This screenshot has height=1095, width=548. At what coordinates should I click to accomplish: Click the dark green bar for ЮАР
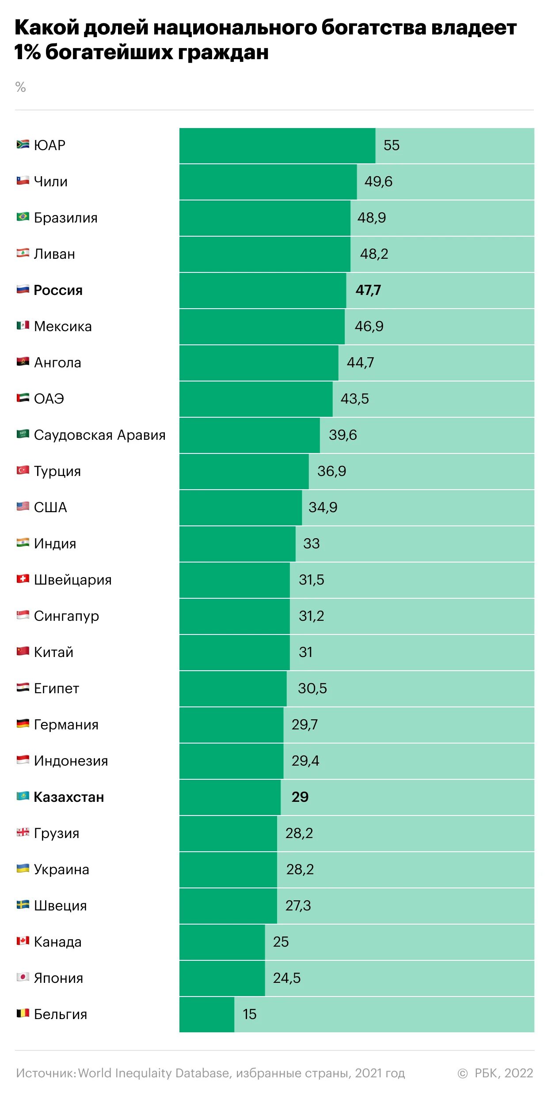pos(277,146)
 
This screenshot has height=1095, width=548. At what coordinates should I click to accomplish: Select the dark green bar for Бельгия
pos(207,1014)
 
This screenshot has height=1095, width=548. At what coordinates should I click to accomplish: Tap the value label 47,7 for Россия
pos(368,290)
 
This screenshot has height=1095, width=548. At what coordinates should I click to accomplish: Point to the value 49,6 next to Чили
pos(378,181)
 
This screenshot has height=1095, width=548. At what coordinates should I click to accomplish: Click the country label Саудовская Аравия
pos(99,435)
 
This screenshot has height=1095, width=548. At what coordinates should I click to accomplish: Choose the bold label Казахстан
pos(69,797)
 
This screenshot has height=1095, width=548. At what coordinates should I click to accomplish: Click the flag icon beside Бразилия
pos(23,217)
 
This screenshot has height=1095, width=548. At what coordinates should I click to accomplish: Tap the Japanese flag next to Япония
pos(23,977)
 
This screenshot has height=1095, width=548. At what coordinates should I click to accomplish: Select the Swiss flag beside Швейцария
pos(23,579)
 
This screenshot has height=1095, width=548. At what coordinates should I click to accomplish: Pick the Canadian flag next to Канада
pos(23,941)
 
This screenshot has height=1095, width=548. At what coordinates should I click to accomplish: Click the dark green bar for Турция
pos(244,471)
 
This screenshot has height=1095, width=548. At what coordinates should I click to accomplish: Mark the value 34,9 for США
pos(323,507)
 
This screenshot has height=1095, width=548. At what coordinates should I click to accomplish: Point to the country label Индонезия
pos(71,761)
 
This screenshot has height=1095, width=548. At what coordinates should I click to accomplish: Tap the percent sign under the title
pos(20,87)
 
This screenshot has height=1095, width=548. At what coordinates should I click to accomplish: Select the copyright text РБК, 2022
pos(503,1073)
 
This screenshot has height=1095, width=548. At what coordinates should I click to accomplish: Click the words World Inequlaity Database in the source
pos(154,1073)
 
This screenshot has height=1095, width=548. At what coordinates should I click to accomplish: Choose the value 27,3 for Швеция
pos(298,906)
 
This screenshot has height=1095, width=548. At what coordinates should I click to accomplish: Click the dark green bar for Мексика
pos(262,326)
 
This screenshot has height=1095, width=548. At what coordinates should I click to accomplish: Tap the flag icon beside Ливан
pos(23,253)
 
